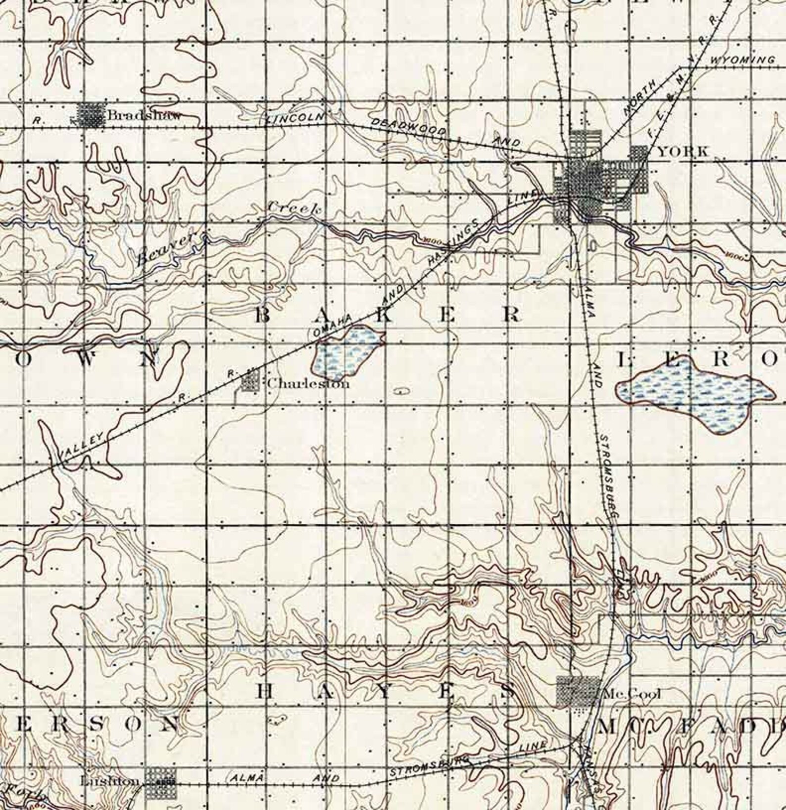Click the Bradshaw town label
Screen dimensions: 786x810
pyautogui.click(x=144, y=116)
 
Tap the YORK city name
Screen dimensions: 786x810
pyautogui.click(x=683, y=152)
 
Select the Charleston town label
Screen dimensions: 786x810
pyautogui.click(x=308, y=383)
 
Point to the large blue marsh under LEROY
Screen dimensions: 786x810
pyautogui.click(x=693, y=391)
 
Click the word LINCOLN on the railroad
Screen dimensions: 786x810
pyautogui.click(x=295, y=118)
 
